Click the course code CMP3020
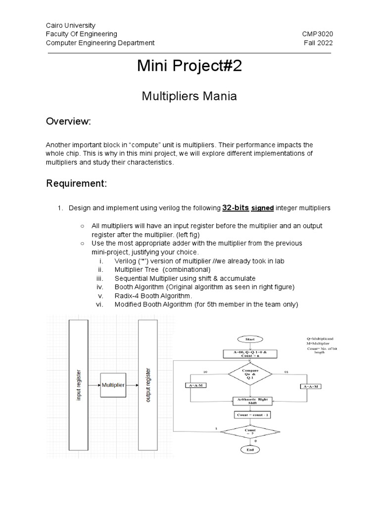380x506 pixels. click(317, 34)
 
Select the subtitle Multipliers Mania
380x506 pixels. click(190, 96)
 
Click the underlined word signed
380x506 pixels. click(263, 208)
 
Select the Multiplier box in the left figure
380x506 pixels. click(113, 384)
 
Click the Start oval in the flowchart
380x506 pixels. click(250, 339)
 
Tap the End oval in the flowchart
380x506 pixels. click(250, 449)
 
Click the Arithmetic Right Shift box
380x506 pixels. click(250, 401)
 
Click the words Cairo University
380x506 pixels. click(70, 25)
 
